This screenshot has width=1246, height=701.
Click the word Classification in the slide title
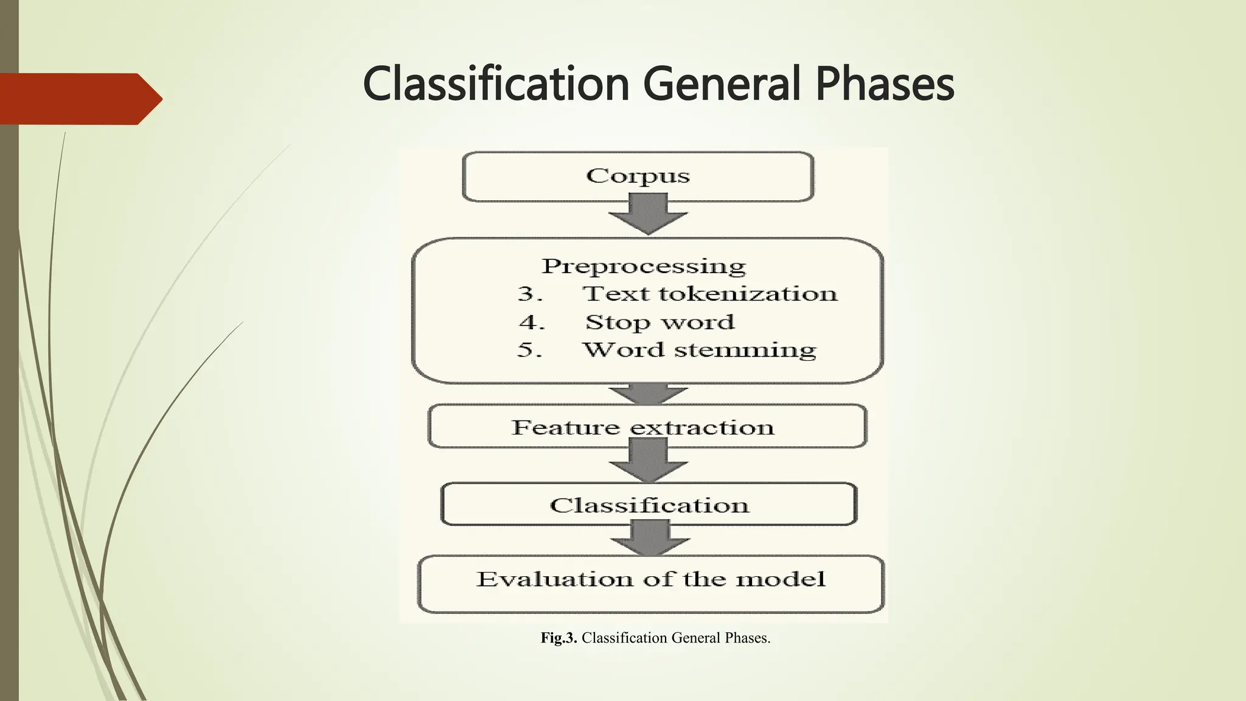pos(496,85)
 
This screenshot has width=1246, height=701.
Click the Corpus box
pos(638,176)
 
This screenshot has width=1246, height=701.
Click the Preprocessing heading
pos(644,266)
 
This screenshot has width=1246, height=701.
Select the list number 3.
pos(529,294)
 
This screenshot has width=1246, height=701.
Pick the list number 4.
pos(531,322)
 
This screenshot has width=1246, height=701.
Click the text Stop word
pos(660,322)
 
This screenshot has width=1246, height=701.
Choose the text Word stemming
pos(699,350)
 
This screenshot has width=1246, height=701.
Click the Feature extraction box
pos(647,427)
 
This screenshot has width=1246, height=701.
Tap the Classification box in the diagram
pos(649,504)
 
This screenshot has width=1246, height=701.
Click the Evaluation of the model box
pos(650,583)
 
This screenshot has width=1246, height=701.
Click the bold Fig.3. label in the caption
pos(559,638)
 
